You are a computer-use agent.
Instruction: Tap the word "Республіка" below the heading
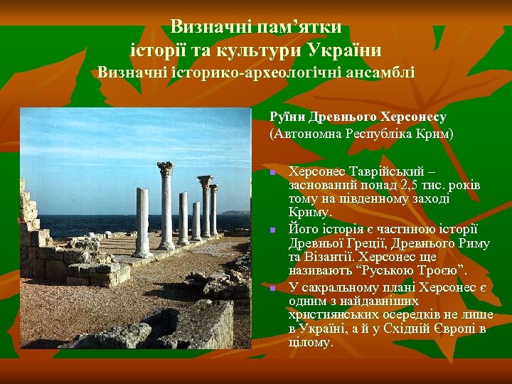(377, 133)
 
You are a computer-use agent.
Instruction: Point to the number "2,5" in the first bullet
(411, 186)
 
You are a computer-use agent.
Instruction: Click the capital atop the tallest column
(166, 169)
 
